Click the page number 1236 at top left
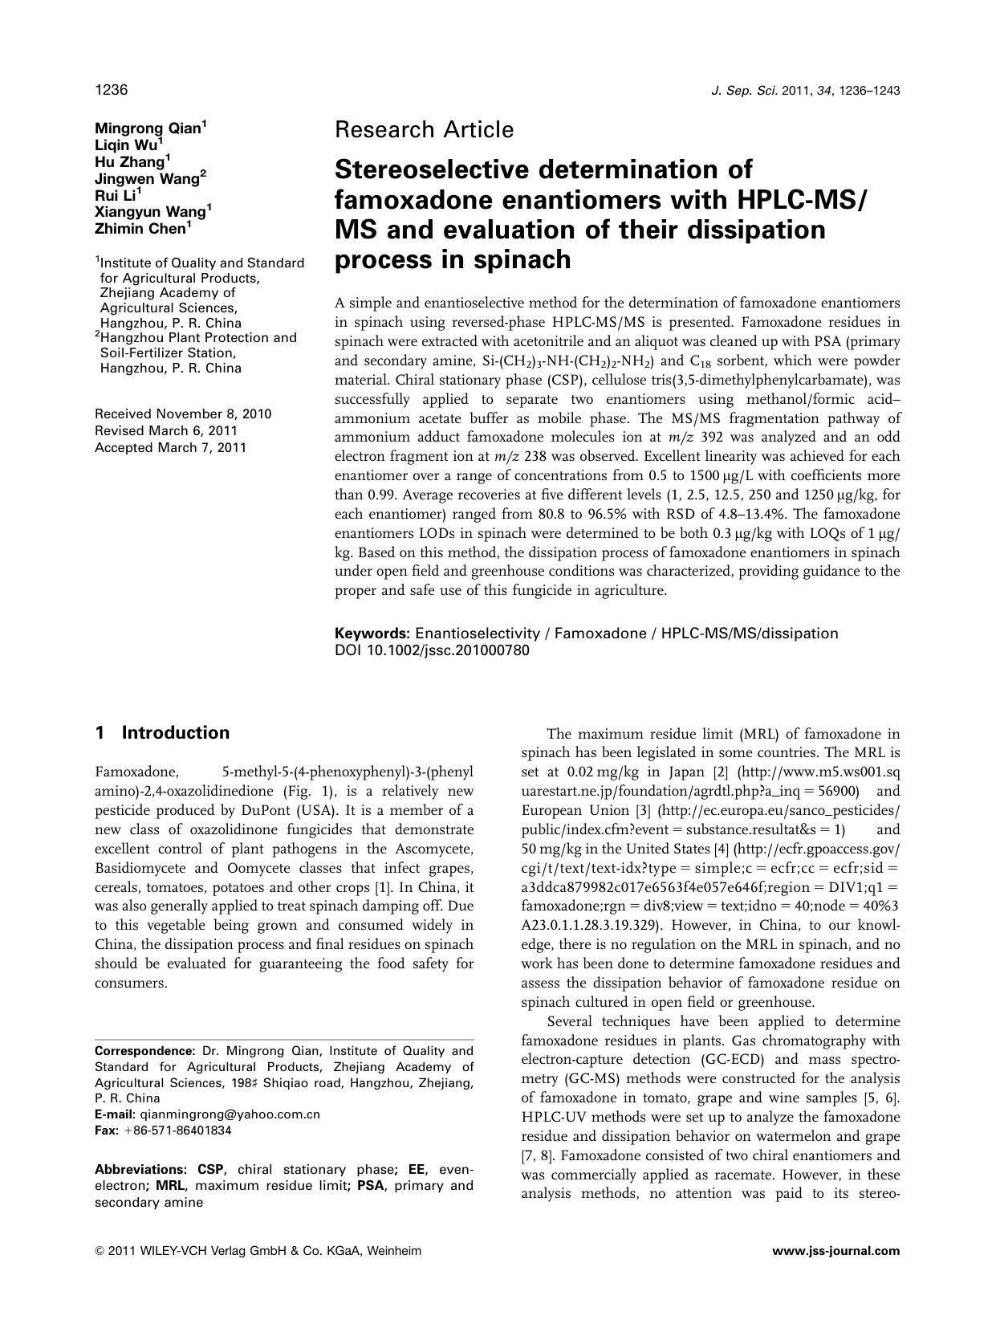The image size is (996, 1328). click(112, 90)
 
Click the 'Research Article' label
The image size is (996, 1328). click(424, 129)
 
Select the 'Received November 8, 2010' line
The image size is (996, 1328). click(183, 414)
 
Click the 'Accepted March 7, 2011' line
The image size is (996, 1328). click(170, 447)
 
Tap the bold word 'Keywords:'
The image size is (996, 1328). click(372, 633)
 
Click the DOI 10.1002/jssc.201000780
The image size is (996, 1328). click(432, 650)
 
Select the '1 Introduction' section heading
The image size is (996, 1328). click(162, 732)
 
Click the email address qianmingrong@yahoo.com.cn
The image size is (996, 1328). click(230, 1114)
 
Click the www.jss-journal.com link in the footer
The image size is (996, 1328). click(835, 1251)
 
